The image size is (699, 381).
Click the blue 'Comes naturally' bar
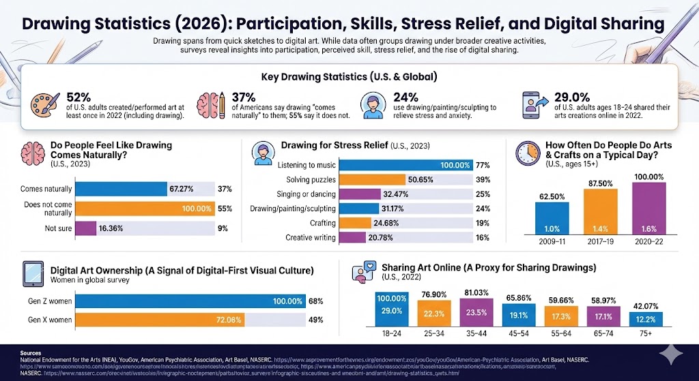coord(121,189)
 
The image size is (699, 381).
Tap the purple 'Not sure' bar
coord(85,228)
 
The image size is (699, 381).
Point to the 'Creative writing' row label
coord(311,237)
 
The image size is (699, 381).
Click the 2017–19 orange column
coord(601,212)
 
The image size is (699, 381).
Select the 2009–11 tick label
coord(552,243)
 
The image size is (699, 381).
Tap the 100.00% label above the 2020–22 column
coord(648,177)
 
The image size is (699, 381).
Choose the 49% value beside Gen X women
coord(315,320)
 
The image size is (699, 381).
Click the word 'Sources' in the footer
coord(31,354)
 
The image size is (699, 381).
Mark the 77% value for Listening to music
coord(483,165)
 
